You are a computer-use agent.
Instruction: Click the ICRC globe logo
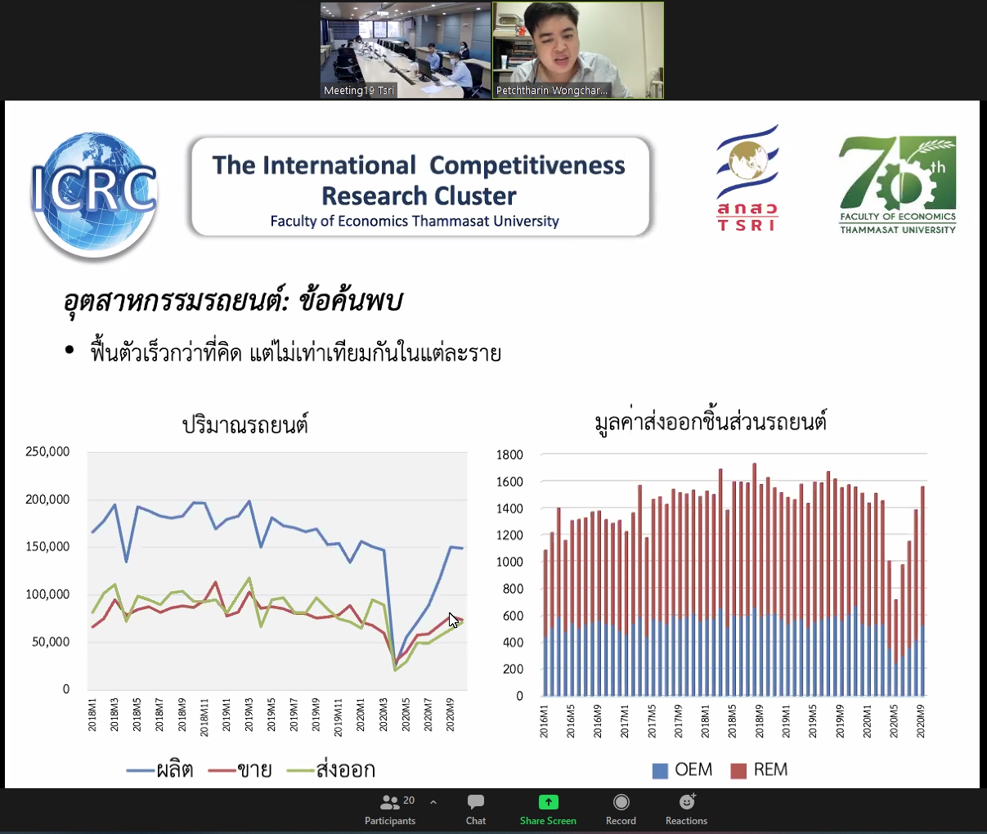point(94,195)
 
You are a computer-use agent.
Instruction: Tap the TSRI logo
point(747,178)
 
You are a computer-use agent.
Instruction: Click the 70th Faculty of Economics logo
point(897,186)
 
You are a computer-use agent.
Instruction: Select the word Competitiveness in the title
point(527,165)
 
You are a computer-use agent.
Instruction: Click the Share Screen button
point(548,810)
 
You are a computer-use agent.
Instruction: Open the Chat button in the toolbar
point(476,810)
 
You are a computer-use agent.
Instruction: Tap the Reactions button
point(686,810)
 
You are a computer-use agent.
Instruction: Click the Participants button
point(390,810)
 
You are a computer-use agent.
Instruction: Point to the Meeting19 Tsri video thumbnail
point(406,50)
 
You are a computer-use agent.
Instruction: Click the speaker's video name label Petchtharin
point(552,90)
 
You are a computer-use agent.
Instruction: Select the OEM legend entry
point(682,769)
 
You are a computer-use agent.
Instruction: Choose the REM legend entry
point(759,769)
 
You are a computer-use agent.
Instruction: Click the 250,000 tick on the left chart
point(47,451)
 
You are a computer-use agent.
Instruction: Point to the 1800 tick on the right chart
point(509,455)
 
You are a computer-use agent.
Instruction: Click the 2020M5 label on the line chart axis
point(406,715)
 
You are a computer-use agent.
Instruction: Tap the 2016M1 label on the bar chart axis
point(544,721)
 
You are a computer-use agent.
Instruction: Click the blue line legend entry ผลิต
point(159,770)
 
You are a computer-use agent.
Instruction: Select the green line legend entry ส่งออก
point(331,770)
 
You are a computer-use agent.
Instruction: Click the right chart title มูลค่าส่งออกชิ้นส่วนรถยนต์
point(711,422)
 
